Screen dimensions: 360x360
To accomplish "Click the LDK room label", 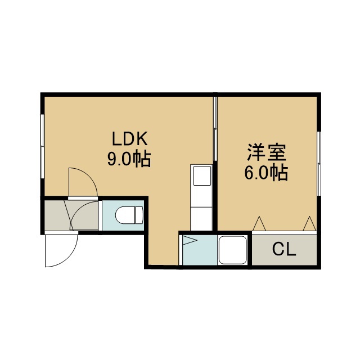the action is coord(130,138).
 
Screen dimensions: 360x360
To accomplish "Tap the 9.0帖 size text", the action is coord(129,159).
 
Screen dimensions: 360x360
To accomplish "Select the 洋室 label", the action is coord(267,152).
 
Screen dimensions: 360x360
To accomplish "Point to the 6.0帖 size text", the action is coord(266,173).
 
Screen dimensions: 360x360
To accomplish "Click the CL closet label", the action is coord(284,249).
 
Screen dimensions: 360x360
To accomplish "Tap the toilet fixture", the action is coord(129,215).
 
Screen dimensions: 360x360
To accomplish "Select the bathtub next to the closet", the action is coord(232,250).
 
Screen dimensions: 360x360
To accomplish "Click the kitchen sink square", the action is coord(202,175).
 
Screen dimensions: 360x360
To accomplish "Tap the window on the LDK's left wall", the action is coord(42,146).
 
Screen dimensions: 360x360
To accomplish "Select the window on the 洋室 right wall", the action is coord(319,163).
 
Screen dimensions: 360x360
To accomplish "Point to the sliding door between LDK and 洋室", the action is coord(215,129).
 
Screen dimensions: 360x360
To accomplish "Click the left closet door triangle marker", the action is coord(259,223).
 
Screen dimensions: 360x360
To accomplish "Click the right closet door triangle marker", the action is coord(309,223).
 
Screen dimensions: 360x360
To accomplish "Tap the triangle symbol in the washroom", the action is coord(190,240).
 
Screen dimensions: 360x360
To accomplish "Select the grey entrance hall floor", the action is coord(71,215).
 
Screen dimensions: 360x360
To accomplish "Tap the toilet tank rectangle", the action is coord(139,215).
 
